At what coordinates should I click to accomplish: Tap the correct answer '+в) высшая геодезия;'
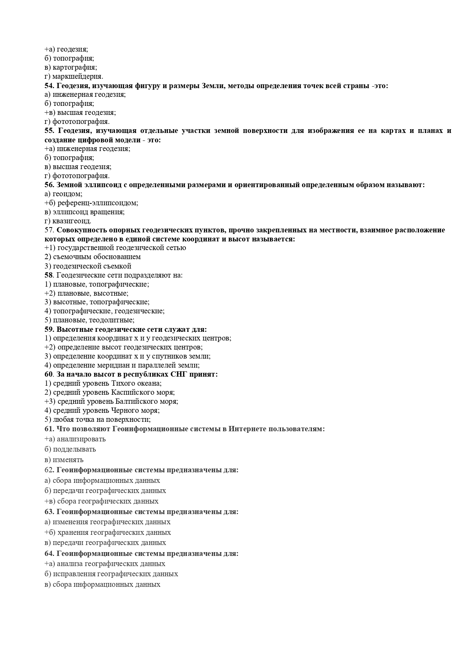pos(80,113)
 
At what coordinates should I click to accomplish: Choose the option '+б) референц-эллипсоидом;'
pos(91,203)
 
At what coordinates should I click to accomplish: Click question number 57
pos(49,230)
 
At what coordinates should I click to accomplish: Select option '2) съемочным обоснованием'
pos(92,257)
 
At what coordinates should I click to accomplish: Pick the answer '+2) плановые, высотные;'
pos(86,293)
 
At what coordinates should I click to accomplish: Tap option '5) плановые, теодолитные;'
pos(89,320)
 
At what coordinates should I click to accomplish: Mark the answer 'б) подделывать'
pos(70,449)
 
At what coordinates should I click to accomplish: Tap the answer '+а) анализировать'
pos(75,439)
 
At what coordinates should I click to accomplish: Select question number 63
pos(49,512)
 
